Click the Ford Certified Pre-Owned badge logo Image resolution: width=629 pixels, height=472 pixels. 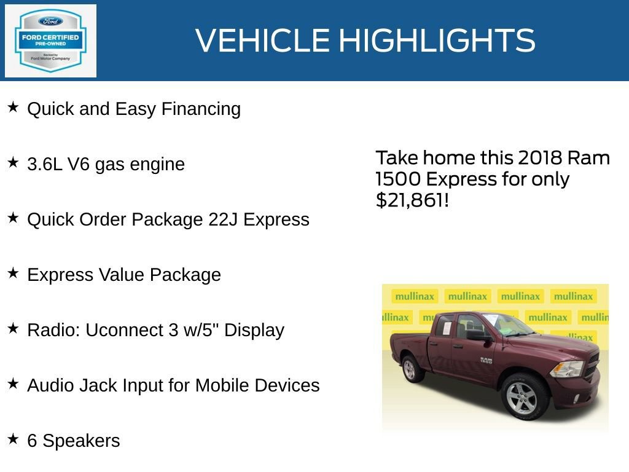50,41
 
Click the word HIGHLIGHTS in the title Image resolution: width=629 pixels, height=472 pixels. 437,41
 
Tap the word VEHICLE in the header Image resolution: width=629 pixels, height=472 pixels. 263,41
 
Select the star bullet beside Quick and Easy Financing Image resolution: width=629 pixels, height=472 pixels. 13,108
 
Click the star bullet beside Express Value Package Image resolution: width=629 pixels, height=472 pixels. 13,273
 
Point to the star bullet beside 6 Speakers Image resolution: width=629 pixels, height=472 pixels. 13,439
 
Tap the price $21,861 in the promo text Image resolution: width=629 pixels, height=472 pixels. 408,200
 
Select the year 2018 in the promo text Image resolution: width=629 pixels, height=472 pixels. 540,158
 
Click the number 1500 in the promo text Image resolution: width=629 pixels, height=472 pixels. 397,179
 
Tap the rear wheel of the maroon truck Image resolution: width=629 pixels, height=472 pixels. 410,369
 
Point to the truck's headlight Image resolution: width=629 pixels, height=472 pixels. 567,368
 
